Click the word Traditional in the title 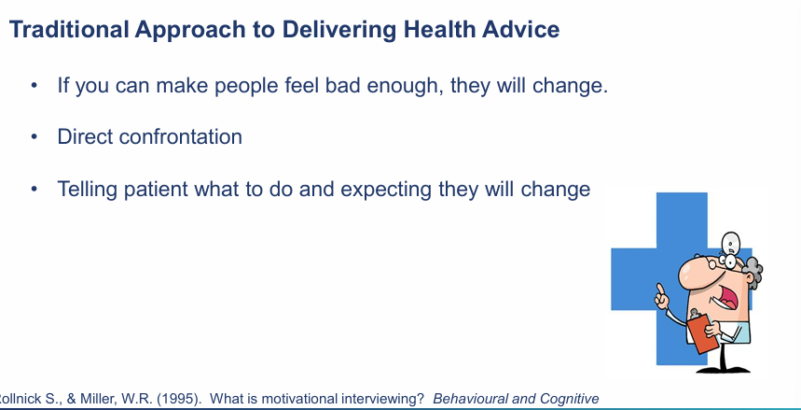point(69,29)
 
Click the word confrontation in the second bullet point(180,136)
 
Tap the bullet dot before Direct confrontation point(35,136)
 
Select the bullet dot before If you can point(35,85)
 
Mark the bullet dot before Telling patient point(35,189)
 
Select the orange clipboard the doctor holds point(703,332)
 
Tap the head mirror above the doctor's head point(731,241)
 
